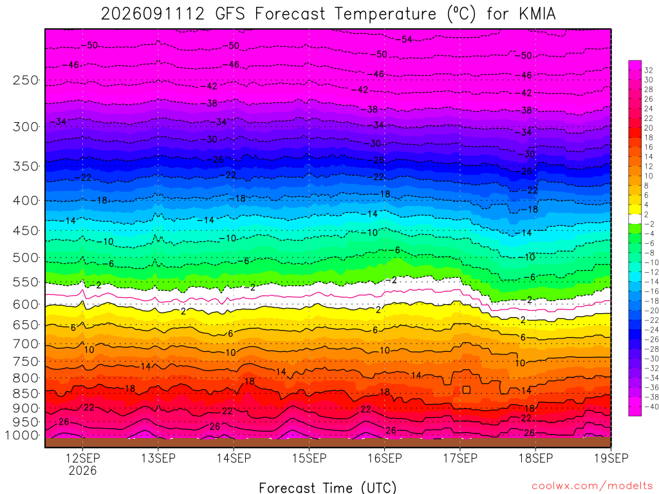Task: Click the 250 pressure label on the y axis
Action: (26, 80)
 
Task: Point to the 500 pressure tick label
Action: (26, 257)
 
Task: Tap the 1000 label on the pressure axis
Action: (22, 435)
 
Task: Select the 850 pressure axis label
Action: (26, 394)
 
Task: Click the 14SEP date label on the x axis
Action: (234, 458)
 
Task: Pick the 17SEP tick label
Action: (460, 458)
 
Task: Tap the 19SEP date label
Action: (611, 458)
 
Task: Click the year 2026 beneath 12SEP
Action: (83, 470)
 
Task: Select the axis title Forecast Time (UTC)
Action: (328, 488)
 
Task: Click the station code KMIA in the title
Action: (537, 14)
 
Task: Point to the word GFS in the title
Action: (230, 14)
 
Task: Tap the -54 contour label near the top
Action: (405, 39)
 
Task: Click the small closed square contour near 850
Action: (466, 389)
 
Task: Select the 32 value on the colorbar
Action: (649, 70)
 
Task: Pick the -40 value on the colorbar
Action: (649, 407)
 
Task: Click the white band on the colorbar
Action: (635, 219)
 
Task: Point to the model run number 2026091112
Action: (153, 14)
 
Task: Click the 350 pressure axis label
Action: (26, 167)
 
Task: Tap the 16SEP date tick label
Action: (385, 458)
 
